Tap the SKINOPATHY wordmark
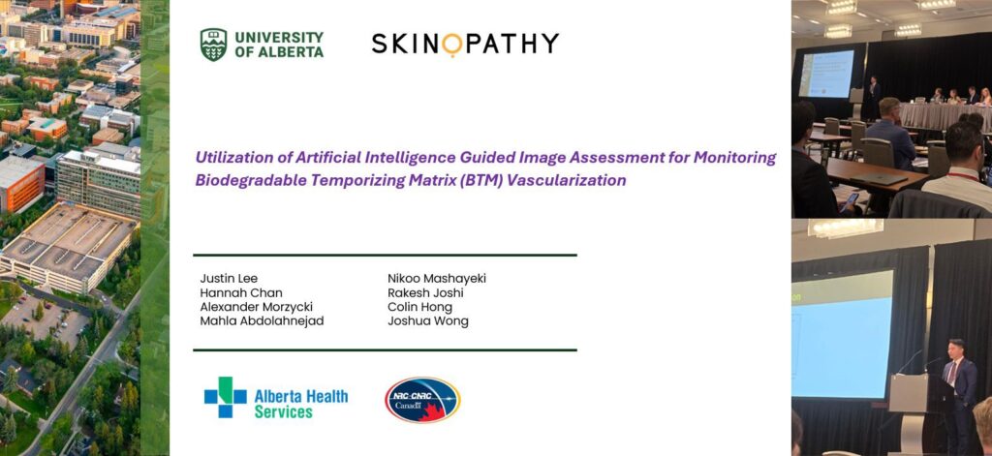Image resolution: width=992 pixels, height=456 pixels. tap(465, 44)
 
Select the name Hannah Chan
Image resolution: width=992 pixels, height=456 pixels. tap(232, 293)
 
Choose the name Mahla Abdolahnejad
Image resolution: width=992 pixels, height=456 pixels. tap(262, 321)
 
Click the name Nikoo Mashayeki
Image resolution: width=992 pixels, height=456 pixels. tap(436, 279)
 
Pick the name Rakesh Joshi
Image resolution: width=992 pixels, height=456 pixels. tap(427, 293)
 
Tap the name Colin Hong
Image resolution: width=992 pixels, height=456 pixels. tap(419, 307)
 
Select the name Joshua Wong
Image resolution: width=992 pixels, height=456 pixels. tap(427, 321)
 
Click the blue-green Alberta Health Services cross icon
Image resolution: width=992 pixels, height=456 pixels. tap(225, 397)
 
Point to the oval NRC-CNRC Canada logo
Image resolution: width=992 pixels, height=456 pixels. tap(421, 400)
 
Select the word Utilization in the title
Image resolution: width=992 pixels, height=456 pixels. tap(235, 157)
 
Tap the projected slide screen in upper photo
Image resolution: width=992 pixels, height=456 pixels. tap(825, 73)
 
